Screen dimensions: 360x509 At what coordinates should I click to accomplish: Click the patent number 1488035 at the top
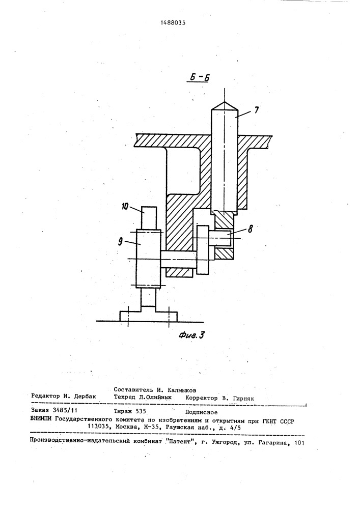point(175,23)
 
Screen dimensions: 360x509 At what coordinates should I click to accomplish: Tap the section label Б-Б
point(198,78)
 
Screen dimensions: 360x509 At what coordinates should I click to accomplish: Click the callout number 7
point(257,110)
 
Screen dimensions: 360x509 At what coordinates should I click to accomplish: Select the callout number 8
point(250,230)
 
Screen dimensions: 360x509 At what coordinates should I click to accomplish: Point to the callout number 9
point(121,242)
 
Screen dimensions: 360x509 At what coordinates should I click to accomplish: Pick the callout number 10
point(126,207)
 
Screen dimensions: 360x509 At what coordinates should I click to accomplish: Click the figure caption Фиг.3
point(192,335)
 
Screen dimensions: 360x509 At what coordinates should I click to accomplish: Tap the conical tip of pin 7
point(225,105)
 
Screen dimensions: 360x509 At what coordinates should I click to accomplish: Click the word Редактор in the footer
point(45,396)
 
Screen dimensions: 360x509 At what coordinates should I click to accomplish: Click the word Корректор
point(201,398)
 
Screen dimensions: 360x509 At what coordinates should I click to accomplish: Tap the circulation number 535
point(141,411)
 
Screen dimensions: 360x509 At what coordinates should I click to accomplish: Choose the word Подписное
point(201,413)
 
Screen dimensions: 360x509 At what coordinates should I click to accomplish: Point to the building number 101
point(298,442)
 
